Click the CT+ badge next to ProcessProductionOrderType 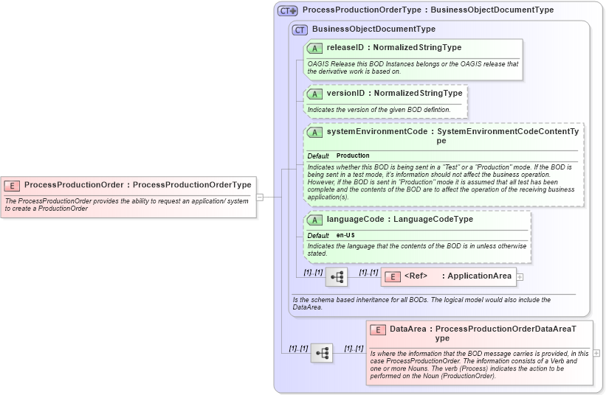287,11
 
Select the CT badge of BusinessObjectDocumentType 300,29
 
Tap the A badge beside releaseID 314,48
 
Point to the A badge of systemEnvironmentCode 314,132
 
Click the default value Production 353,156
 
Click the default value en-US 345,235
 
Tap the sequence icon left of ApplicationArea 337,277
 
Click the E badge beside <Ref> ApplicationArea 393,276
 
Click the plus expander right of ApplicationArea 520,277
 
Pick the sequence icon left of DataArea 322,353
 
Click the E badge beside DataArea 378,330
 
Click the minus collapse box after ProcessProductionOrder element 260,197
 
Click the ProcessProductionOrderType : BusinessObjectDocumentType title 427,10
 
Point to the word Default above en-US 318,235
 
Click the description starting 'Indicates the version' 379,110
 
